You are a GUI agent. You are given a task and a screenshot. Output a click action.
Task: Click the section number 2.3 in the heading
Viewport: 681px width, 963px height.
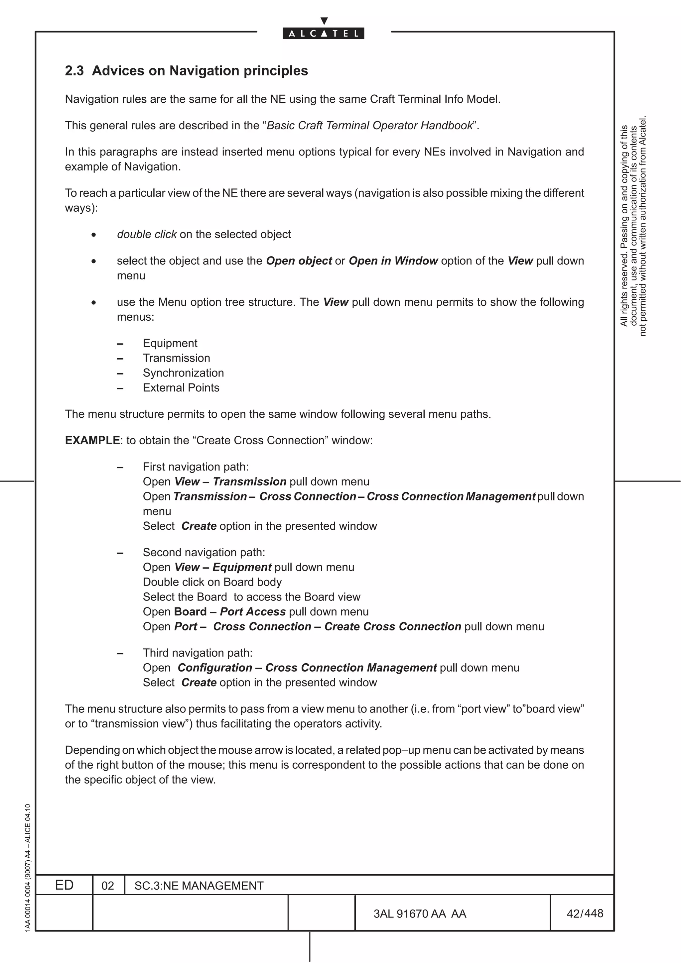74,71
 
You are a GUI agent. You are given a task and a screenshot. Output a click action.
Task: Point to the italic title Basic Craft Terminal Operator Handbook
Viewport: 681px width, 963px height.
370,125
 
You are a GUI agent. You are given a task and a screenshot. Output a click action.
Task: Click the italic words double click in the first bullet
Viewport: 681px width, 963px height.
146,235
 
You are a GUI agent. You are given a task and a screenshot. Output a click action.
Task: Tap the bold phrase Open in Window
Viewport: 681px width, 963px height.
393,261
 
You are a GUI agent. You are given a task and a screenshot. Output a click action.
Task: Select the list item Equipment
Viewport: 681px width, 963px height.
170,343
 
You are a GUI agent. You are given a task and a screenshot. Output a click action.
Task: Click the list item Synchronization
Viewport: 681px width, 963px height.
183,373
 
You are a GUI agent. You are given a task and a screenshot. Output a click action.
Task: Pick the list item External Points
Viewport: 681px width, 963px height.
181,387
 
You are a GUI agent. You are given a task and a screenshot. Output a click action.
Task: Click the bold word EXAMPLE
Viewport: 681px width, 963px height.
92,440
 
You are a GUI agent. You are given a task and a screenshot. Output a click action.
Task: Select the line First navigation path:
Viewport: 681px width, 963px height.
196,467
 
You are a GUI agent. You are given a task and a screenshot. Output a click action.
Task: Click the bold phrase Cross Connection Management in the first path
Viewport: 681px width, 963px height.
451,496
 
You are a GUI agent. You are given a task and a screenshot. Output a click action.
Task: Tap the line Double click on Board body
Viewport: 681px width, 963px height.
212,582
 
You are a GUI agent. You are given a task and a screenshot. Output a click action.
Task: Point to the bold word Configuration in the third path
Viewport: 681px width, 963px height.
215,668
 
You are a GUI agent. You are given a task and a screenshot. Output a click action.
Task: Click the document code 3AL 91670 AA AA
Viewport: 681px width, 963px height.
420,914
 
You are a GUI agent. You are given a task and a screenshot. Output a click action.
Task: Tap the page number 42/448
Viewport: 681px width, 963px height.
585,913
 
